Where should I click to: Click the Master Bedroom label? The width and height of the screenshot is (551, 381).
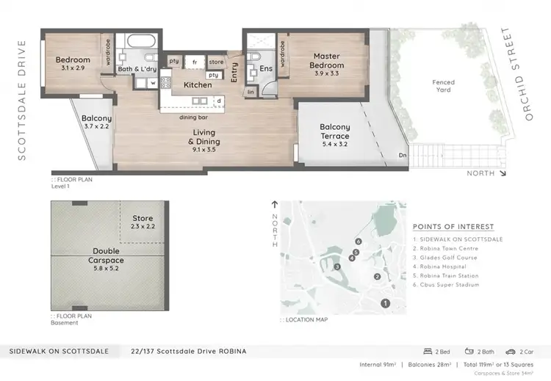[x=325, y=60]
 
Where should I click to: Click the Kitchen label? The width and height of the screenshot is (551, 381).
[x=198, y=85]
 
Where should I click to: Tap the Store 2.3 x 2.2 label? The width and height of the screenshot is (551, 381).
[x=143, y=222]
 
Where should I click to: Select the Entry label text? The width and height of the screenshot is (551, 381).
[x=234, y=72]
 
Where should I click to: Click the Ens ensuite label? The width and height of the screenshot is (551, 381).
[x=264, y=72]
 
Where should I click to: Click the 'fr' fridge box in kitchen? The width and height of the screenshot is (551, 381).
[x=195, y=62]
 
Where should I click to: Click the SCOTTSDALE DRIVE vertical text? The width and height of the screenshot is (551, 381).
[x=21, y=100]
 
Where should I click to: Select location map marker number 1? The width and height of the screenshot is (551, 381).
[x=383, y=303]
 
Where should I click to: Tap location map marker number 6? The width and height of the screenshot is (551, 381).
[x=358, y=241]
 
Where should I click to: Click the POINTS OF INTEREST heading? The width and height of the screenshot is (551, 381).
[x=453, y=227]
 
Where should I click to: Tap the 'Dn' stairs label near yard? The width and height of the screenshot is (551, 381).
[x=402, y=155]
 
